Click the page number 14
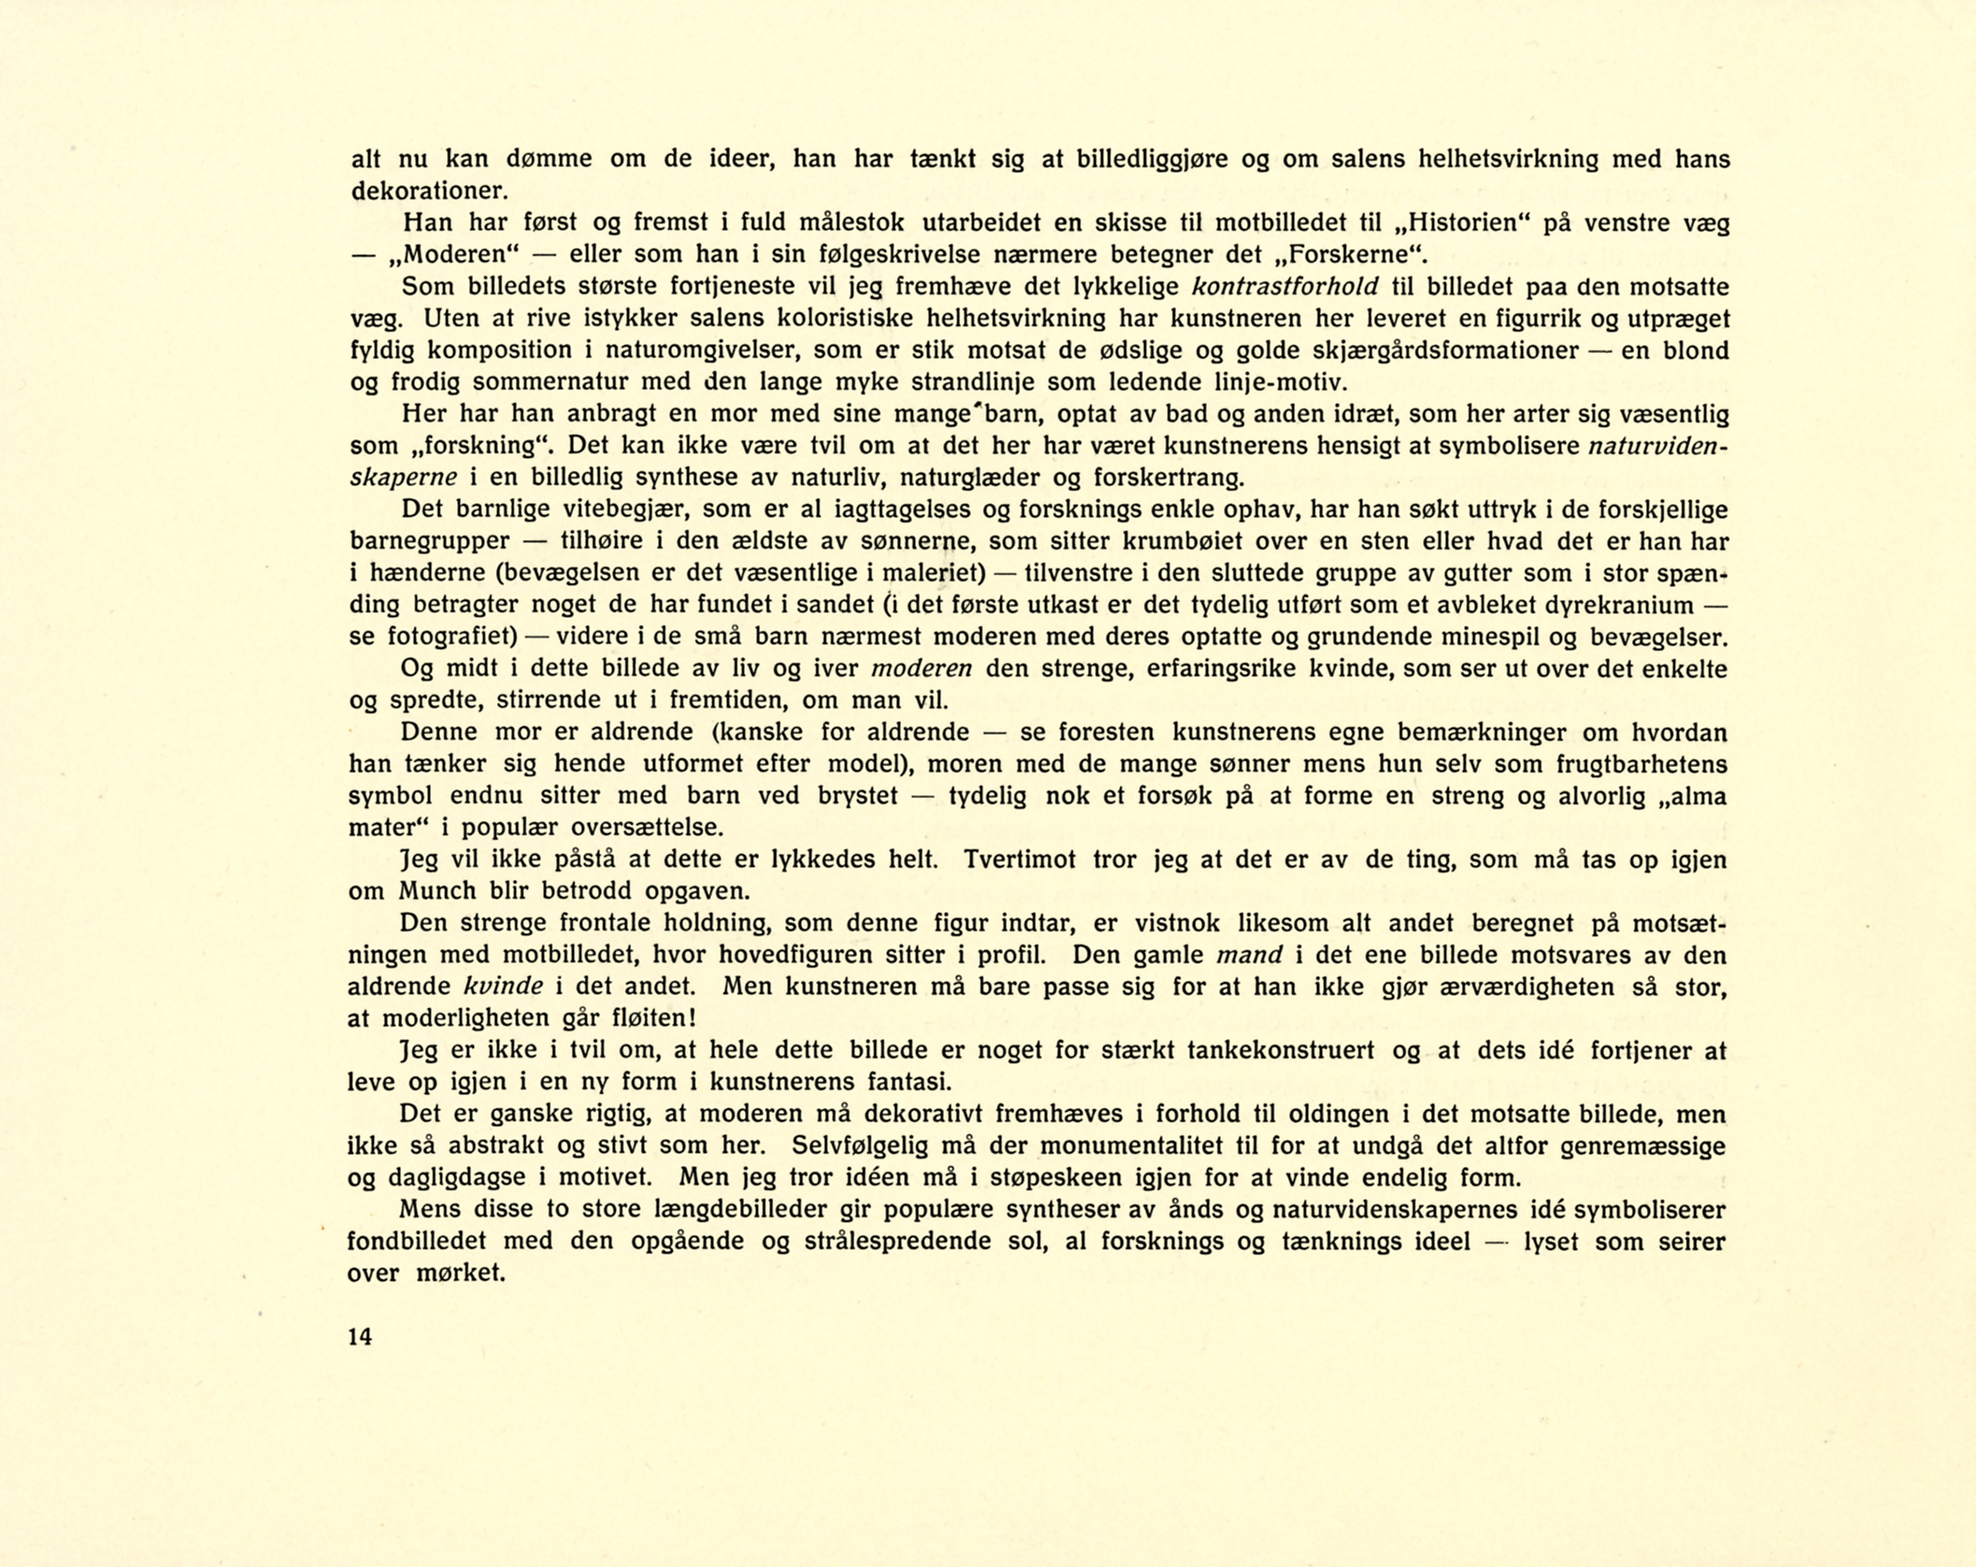pyautogui.click(x=360, y=1337)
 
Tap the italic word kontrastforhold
pyautogui.click(x=1285, y=287)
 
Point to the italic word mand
pyautogui.click(x=1249, y=955)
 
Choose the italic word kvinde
pyautogui.click(x=504, y=987)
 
